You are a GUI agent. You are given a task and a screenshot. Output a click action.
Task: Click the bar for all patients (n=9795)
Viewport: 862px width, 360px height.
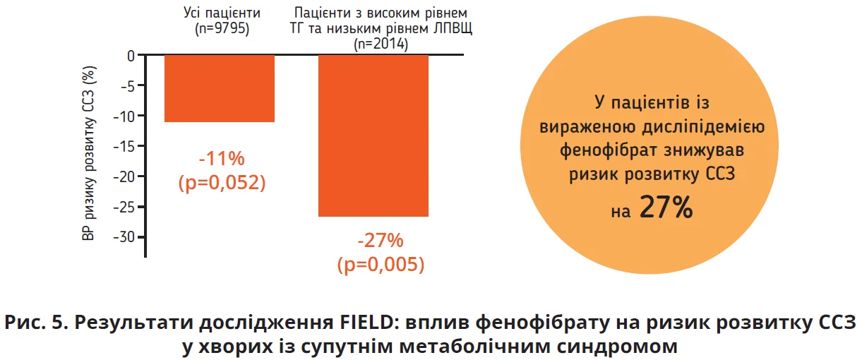click(x=219, y=88)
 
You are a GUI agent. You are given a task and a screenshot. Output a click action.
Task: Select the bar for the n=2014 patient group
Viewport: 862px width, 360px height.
click(x=373, y=135)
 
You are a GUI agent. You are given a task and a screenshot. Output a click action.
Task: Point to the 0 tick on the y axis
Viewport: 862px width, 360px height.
click(x=131, y=55)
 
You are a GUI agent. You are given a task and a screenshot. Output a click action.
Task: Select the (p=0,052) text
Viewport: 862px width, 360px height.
click(x=222, y=182)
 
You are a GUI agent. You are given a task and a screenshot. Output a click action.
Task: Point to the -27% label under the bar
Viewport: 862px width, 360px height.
click(x=381, y=241)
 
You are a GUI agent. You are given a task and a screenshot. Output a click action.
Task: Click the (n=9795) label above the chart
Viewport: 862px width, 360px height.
click(x=222, y=29)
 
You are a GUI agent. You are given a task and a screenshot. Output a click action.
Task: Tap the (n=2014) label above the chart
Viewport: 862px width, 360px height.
click(x=381, y=44)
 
